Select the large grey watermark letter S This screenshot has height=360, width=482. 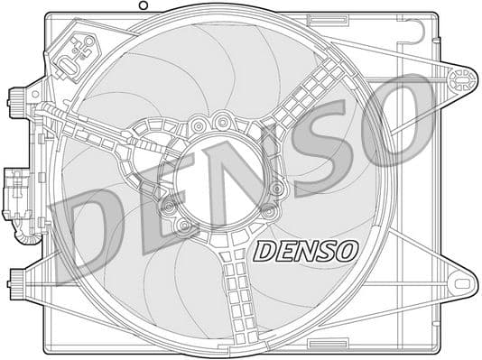pyautogui.click(x=317, y=144)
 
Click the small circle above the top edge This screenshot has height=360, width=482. pyautogui.click(x=141, y=5)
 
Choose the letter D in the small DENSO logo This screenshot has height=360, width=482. pyautogui.click(x=264, y=251)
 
